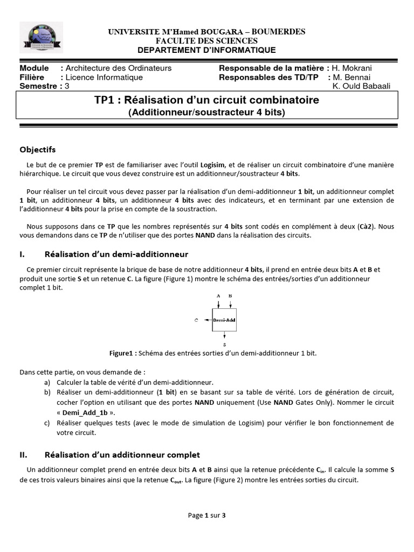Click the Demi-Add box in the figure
[x=224, y=320]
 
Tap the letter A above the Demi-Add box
[x=218, y=296]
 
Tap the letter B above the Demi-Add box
[x=230, y=296]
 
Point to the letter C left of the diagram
[x=197, y=320]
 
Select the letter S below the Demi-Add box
[x=224, y=343]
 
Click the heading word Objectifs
[x=37, y=149]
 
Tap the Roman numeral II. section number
[x=25, y=454]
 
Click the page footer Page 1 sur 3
[x=206, y=515]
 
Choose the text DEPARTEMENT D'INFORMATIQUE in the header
[x=206, y=50]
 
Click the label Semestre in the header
[x=38, y=86]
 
